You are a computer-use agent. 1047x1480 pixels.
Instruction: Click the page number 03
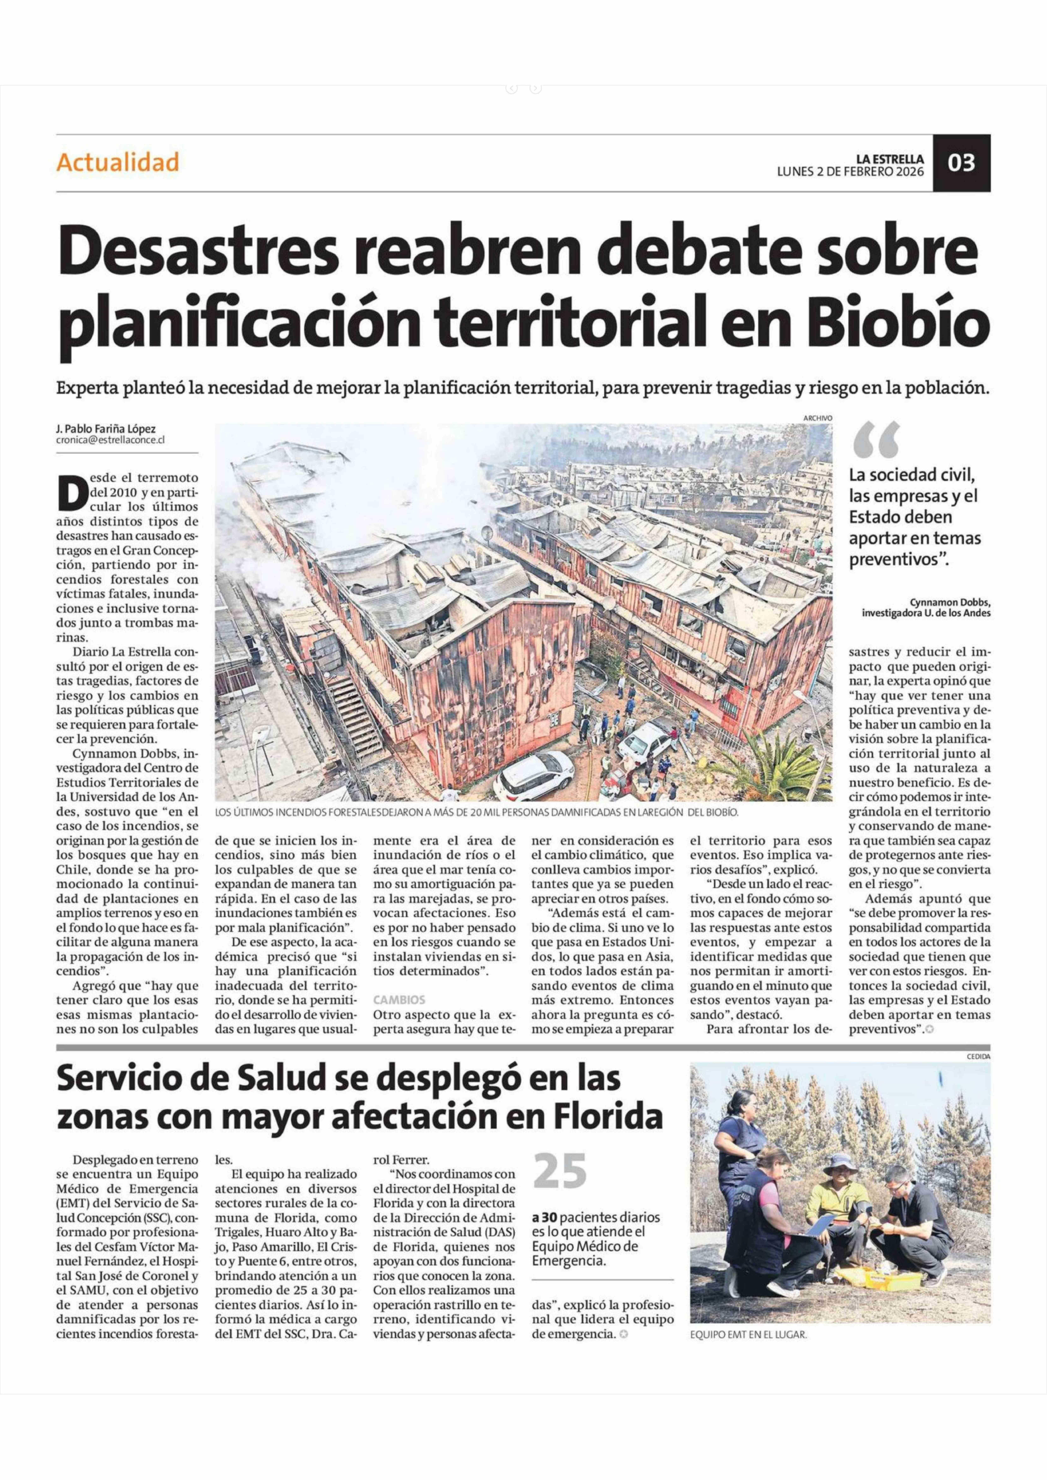[961, 163]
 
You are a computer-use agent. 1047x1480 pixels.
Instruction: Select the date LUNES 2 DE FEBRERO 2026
[850, 172]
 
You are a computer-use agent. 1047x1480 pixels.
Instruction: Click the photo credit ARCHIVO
[817, 418]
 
